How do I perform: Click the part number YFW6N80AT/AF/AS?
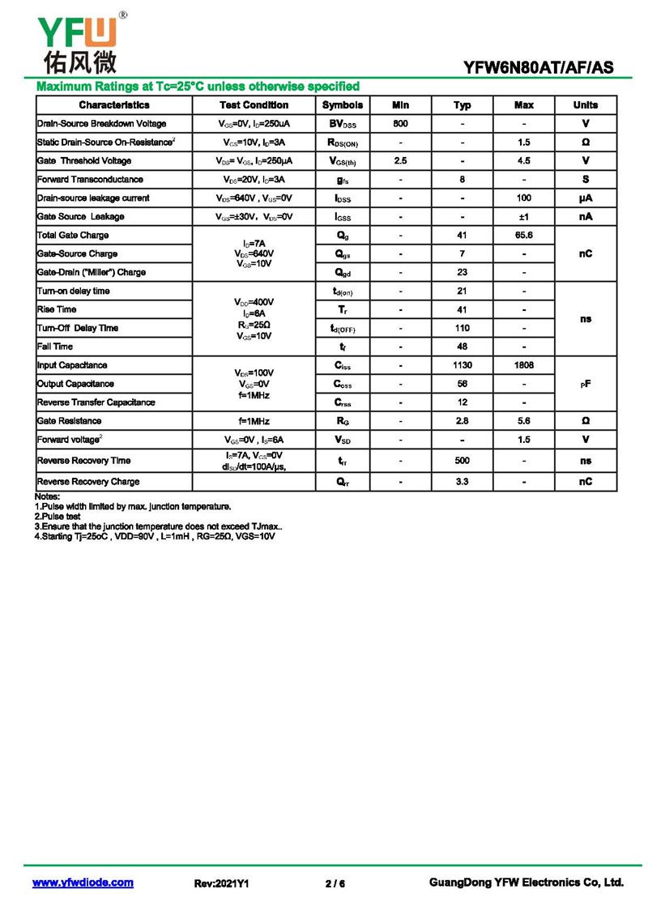pos(539,69)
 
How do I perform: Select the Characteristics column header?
pos(114,105)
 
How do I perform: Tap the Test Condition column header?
pos(254,105)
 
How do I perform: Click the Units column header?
pos(585,105)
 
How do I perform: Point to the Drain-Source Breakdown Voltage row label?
pos(102,124)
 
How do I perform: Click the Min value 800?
pos(400,124)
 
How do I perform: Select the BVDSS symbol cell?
pos(342,124)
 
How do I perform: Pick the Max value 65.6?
pos(523,236)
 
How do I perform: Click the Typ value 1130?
pos(462,365)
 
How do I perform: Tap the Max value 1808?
pos(523,365)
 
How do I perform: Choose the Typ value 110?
pos(462,328)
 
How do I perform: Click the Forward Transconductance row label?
pos(90,180)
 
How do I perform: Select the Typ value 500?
pos(462,461)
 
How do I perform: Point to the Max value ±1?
pos(523,217)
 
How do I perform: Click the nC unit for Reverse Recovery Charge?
pos(585,482)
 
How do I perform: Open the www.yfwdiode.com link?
pos(83,883)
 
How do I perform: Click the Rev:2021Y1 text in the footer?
pos(221,883)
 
